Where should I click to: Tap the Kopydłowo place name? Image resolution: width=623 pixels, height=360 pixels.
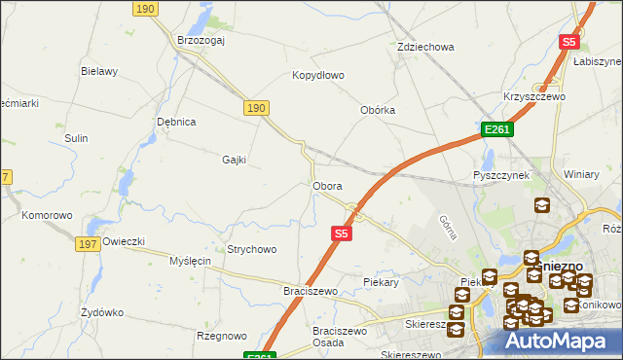(x=318, y=75)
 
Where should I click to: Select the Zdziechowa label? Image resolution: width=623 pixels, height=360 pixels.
(x=426, y=47)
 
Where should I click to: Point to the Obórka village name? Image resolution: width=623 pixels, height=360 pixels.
(x=378, y=110)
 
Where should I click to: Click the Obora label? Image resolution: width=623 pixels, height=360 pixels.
(x=326, y=185)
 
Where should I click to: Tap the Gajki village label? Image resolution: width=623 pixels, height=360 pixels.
(x=234, y=160)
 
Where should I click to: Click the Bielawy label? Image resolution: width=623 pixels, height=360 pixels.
(x=99, y=71)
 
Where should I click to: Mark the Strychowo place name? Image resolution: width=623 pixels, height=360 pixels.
(x=251, y=249)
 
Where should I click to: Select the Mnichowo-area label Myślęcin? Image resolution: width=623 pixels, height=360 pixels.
(x=190, y=262)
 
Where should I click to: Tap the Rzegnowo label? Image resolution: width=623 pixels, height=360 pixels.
(x=221, y=336)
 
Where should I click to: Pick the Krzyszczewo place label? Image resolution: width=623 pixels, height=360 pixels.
(x=534, y=97)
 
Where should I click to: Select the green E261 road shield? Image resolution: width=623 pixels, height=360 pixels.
(x=496, y=129)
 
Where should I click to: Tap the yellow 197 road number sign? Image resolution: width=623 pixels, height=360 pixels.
(x=86, y=243)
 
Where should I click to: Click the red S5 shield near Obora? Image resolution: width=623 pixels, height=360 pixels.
(x=341, y=234)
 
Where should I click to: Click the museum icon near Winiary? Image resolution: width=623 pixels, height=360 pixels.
(x=541, y=206)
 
